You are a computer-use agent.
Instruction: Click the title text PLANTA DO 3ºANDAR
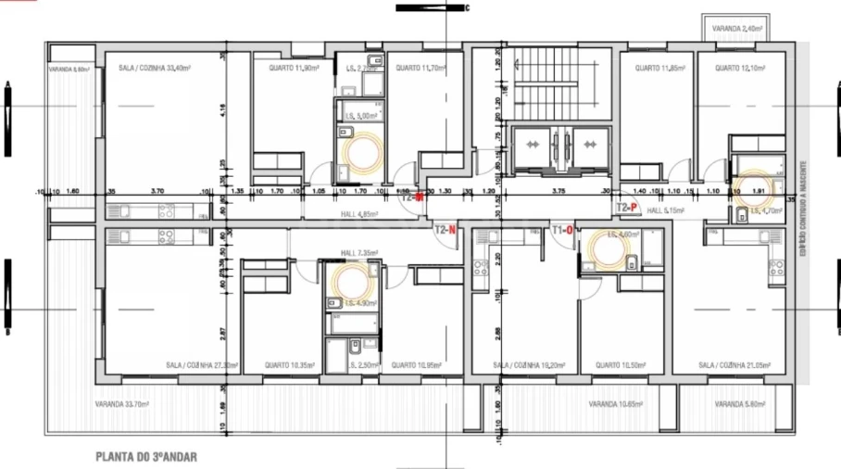click(146, 457)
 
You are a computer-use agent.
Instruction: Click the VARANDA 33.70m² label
click(124, 405)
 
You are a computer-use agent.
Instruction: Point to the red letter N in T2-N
click(451, 230)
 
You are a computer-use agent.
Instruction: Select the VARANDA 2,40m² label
click(738, 30)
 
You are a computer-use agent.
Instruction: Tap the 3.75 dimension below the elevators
click(558, 191)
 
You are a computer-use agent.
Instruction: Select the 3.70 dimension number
click(157, 191)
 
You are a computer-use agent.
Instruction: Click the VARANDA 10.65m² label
click(616, 405)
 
